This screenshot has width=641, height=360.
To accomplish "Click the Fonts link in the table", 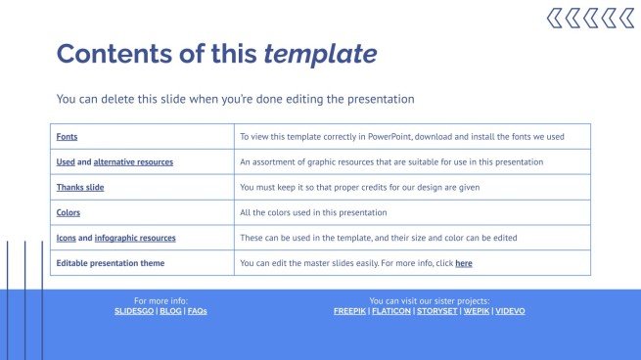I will click(x=67, y=137).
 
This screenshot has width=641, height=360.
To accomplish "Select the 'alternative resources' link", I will click(x=134, y=162).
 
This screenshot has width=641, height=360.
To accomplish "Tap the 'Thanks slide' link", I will click(x=80, y=187).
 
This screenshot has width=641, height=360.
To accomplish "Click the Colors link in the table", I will click(x=69, y=212).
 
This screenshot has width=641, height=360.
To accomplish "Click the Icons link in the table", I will click(x=66, y=238).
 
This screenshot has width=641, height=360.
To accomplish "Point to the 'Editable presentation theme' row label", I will click(x=111, y=263).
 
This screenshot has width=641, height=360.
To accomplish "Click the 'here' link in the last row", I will click(x=464, y=263).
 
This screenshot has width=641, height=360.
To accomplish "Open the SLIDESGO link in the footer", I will click(x=133, y=311).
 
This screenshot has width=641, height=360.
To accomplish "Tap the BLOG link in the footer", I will click(x=170, y=311).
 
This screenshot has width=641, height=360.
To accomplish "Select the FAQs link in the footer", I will click(x=198, y=311).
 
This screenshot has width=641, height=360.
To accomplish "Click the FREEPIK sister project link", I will click(x=349, y=311).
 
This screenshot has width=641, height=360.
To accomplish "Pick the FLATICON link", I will click(x=390, y=311).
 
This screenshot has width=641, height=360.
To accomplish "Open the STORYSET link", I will click(x=435, y=311).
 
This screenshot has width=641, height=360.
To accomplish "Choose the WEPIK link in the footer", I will click(x=476, y=311).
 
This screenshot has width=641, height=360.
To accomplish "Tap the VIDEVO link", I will click(x=510, y=311).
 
